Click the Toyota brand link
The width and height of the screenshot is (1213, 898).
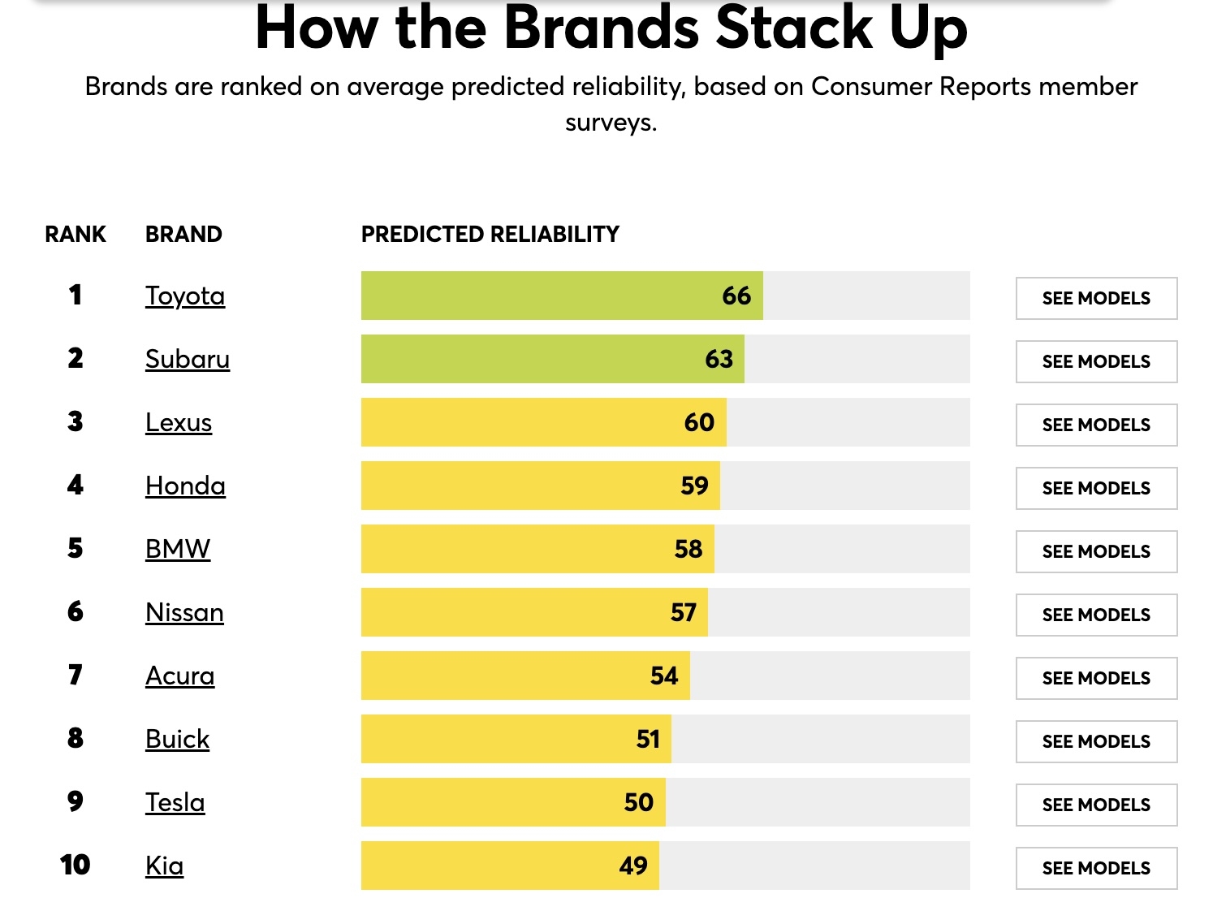click(185, 296)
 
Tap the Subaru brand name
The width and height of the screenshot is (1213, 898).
click(188, 360)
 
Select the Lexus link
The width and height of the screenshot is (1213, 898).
click(179, 423)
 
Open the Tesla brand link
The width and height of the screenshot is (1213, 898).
click(175, 803)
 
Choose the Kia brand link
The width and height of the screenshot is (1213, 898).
click(165, 866)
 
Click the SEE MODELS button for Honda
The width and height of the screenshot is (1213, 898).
click(1096, 488)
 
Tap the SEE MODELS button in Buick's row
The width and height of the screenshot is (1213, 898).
click(1096, 741)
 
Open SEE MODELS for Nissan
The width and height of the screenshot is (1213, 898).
click(1096, 615)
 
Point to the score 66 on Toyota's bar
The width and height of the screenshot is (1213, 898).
click(736, 296)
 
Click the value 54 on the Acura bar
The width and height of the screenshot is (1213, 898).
click(664, 676)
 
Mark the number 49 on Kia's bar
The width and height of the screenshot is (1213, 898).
click(633, 866)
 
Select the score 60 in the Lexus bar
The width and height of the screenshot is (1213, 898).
click(699, 422)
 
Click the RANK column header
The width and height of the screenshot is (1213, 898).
click(76, 234)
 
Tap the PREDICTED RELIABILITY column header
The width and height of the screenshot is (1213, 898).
click(490, 234)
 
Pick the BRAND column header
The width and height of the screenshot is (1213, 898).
click(183, 234)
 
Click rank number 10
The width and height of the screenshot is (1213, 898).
click(76, 865)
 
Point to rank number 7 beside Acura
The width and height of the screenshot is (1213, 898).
click(76, 675)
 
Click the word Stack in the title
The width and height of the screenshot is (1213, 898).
click(794, 28)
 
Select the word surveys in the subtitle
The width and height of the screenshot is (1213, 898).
click(611, 123)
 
